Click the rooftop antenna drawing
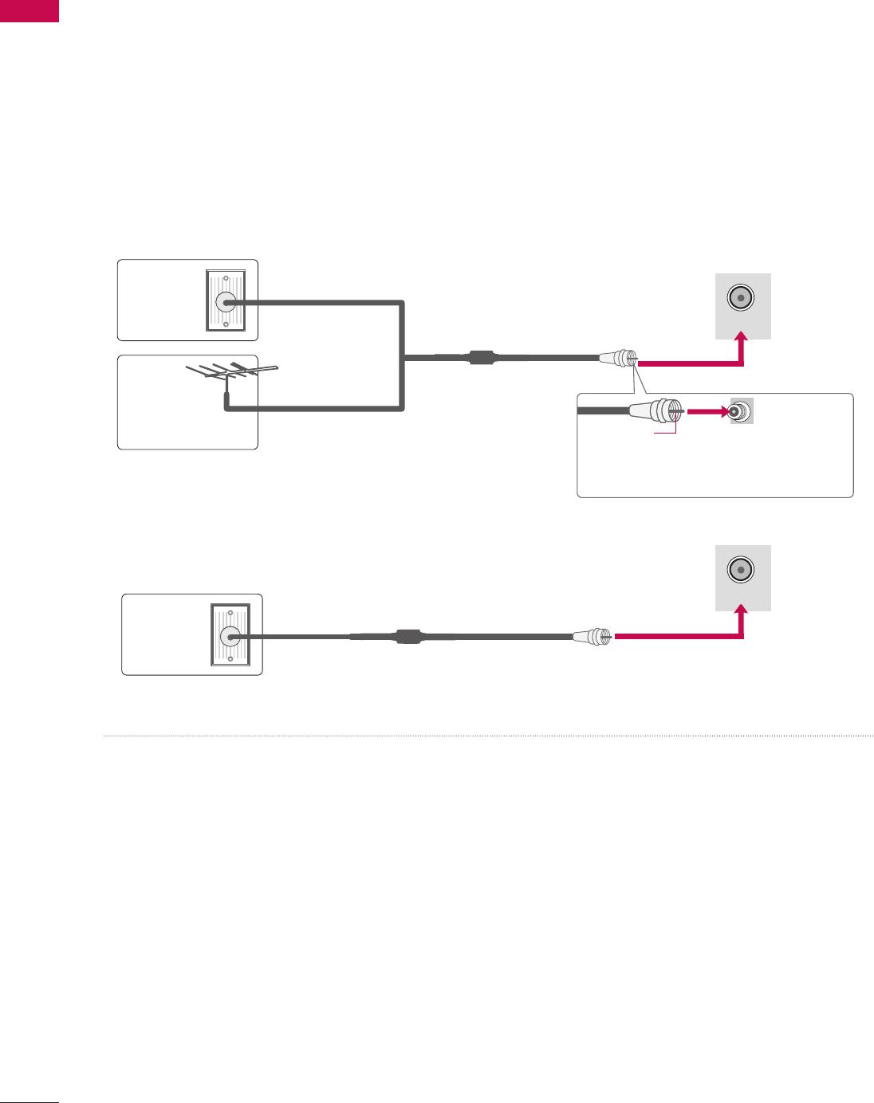(x=231, y=372)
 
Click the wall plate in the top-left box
(x=226, y=300)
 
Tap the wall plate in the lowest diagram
(x=230, y=634)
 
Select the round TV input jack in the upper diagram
(x=742, y=299)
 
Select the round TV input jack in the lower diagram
(x=742, y=571)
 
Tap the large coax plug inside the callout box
(x=654, y=411)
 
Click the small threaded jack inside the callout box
(x=740, y=412)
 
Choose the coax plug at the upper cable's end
(x=618, y=359)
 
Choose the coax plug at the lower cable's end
(x=593, y=636)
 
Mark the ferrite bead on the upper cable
(x=482, y=358)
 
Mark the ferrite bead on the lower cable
(x=407, y=636)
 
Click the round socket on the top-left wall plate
(x=226, y=302)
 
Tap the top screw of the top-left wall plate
(x=226, y=279)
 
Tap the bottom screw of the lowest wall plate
(x=230, y=658)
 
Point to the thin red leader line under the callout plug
(x=666, y=431)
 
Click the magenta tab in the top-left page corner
(x=30, y=10)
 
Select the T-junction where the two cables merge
(x=404, y=358)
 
